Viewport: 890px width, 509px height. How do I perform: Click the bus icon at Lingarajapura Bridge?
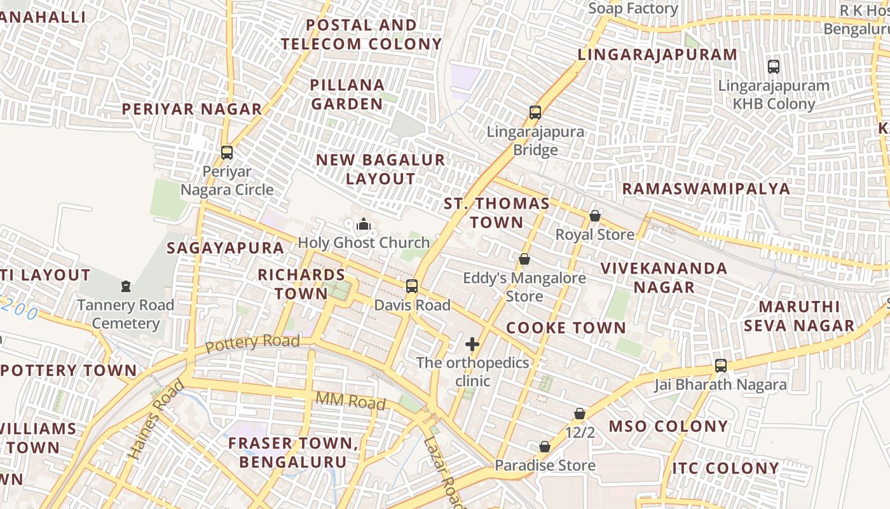[x=535, y=113]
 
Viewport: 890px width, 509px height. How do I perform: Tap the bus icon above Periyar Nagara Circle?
[x=227, y=152]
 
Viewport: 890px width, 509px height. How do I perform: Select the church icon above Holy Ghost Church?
[x=364, y=224]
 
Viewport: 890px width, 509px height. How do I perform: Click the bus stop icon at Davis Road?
[x=412, y=286]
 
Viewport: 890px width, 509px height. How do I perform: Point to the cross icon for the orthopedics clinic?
[x=472, y=344]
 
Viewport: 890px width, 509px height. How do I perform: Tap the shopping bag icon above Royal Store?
[x=594, y=216]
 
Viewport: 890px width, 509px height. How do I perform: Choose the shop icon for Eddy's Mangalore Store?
[x=524, y=259]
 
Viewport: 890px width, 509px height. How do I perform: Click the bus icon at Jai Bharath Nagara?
[x=720, y=365]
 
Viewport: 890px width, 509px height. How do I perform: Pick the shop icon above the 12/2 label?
[x=580, y=414]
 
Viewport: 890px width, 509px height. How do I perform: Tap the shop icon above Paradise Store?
[x=545, y=447]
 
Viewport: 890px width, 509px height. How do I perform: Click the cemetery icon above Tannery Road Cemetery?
[x=126, y=286]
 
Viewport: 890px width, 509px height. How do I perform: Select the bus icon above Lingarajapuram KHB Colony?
[x=774, y=66]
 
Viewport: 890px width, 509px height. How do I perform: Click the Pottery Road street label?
[x=252, y=343]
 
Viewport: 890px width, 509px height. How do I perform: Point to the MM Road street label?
[x=350, y=401]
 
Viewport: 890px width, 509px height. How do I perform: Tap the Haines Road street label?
[x=156, y=419]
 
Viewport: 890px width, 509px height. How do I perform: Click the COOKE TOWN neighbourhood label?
[x=566, y=328]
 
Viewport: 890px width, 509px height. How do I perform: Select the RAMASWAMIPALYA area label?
[x=706, y=188]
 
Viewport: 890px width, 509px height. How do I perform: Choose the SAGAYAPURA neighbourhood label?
[x=225, y=248]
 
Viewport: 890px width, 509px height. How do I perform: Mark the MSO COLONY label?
[x=668, y=426]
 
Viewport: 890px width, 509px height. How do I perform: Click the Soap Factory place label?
[x=633, y=8]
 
